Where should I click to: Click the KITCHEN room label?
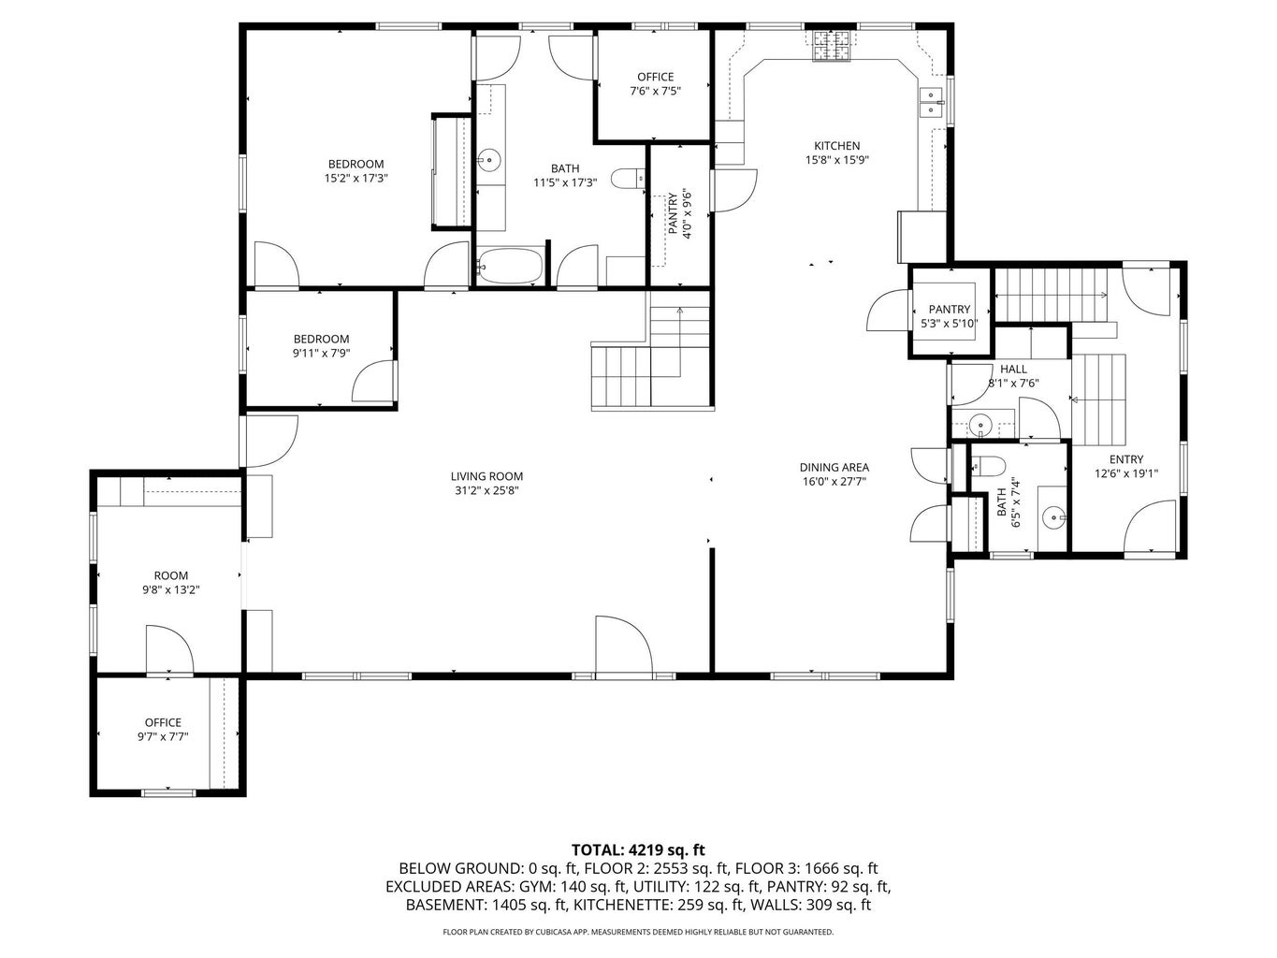click(x=836, y=146)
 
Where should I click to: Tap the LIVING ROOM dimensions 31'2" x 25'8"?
click(x=486, y=490)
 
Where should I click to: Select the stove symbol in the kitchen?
click(x=832, y=47)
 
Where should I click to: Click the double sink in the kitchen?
click(x=930, y=101)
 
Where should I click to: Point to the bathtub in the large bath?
click(x=510, y=265)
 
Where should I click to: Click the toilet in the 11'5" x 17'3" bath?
click(x=628, y=177)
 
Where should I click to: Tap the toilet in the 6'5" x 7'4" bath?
click(x=988, y=466)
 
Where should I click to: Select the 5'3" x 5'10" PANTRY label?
click(x=949, y=316)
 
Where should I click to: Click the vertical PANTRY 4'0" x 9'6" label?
click(x=678, y=216)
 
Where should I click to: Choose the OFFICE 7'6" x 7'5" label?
click(x=655, y=84)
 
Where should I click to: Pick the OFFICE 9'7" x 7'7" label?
click(x=163, y=730)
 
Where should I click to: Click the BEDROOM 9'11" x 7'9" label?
click(x=321, y=346)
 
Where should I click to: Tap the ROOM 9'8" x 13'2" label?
click(x=170, y=583)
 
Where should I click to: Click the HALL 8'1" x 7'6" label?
click(x=1013, y=376)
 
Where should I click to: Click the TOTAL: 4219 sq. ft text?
click(x=638, y=850)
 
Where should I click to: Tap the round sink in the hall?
click(x=980, y=425)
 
